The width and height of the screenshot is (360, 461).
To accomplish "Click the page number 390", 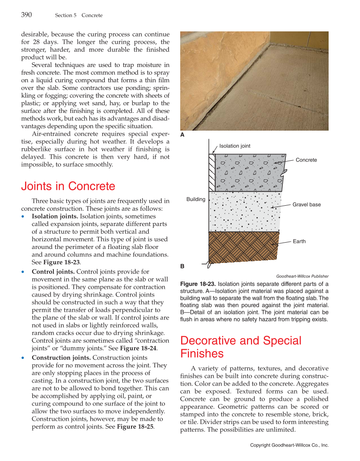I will (x=26, y=15).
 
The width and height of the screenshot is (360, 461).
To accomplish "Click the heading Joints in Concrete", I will (x=68, y=186).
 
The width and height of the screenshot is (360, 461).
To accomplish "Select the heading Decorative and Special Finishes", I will (x=240, y=347).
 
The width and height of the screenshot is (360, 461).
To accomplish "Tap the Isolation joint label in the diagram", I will (x=234, y=146).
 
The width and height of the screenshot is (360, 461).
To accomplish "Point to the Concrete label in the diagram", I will (x=306, y=160).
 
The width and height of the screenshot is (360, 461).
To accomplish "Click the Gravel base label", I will (x=307, y=204).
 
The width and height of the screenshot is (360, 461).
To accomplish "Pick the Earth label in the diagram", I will (x=299, y=241).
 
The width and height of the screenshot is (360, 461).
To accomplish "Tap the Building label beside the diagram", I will (x=195, y=199).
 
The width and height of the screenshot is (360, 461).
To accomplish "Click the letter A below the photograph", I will (x=182, y=134).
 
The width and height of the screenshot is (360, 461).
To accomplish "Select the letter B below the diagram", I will (x=182, y=266).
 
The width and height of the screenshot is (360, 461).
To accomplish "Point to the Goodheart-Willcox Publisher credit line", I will (x=302, y=276).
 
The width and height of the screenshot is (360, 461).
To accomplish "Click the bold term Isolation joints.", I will (x=55, y=216).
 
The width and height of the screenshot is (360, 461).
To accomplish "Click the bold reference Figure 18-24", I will (x=139, y=348).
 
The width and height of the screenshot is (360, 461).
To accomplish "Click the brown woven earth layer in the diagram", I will (x=244, y=246).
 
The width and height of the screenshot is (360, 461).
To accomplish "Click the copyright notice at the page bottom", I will (x=289, y=445).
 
